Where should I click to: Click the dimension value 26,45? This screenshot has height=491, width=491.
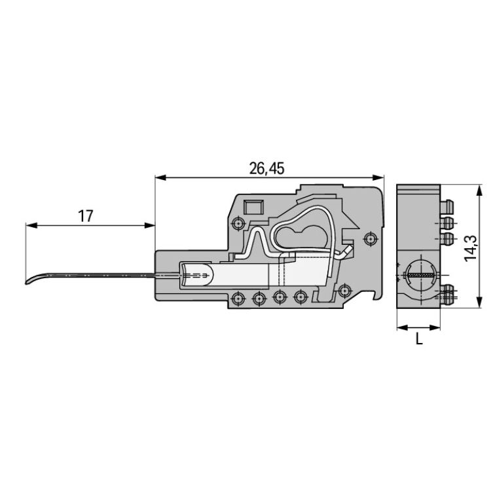tap(267, 168)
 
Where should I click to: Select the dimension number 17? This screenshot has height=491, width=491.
tap(86, 216)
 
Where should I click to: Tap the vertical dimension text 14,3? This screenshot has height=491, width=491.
tap(470, 247)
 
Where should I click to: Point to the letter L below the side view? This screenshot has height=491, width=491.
tap(419, 339)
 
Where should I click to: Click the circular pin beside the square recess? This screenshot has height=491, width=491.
tap(238, 224)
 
